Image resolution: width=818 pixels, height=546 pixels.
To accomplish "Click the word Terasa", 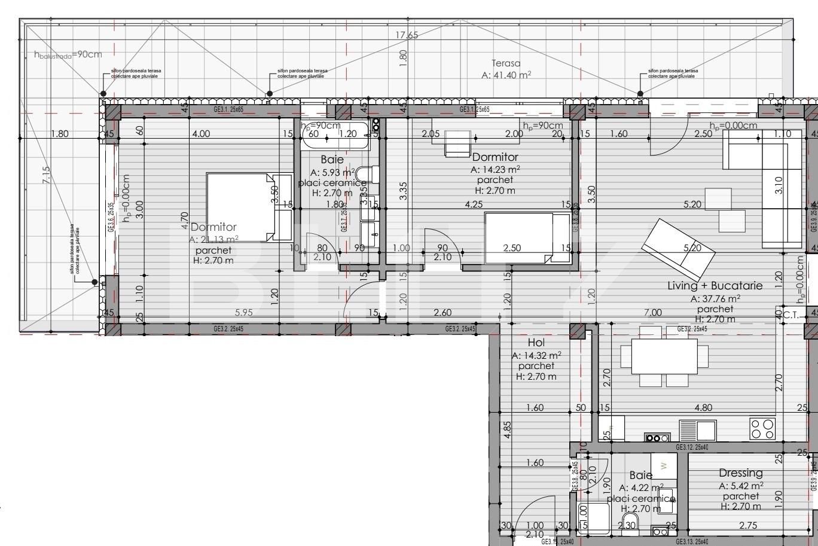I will (506, 63).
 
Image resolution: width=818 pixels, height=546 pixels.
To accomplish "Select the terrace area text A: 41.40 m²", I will (506, 75).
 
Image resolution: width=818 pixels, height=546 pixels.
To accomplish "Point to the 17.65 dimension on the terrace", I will (407, 35).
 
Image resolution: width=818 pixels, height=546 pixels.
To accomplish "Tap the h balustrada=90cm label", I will (68, 54).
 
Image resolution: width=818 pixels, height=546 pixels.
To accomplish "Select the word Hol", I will (536, 343).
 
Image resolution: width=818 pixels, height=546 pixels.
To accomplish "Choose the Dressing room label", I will (741, 473).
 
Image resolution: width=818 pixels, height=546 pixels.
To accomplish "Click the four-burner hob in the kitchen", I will (762, 428).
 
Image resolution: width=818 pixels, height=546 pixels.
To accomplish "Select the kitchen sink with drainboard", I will (698, 430).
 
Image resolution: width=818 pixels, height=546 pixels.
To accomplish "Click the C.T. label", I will (792, 315).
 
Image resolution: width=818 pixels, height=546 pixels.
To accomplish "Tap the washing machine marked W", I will (663, 465).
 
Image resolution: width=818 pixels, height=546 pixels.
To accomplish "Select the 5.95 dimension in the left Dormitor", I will (244, 312).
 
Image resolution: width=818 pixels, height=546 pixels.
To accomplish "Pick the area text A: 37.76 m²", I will (715, 299).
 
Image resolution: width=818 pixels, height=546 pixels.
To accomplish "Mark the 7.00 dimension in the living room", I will (653, 312).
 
